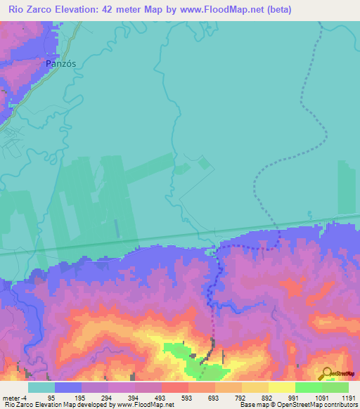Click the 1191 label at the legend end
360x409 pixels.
point(349,398)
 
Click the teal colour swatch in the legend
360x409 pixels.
point(41,387)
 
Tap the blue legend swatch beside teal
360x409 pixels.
point(68,387)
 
